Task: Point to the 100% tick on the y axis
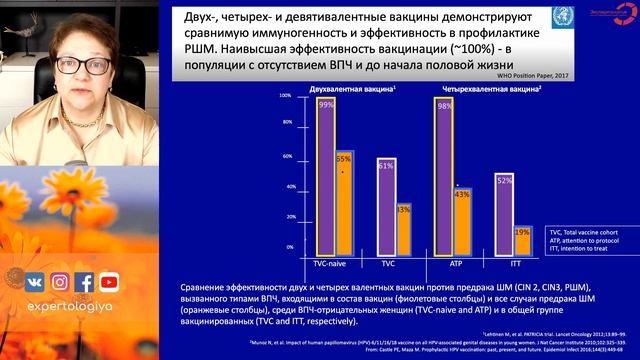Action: coord(285,96)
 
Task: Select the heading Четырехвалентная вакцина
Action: coord(483,89)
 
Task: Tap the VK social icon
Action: coord(34,282)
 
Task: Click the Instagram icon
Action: coord(59,282)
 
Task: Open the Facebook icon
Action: coord(84,282)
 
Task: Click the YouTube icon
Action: coord(109,282)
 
